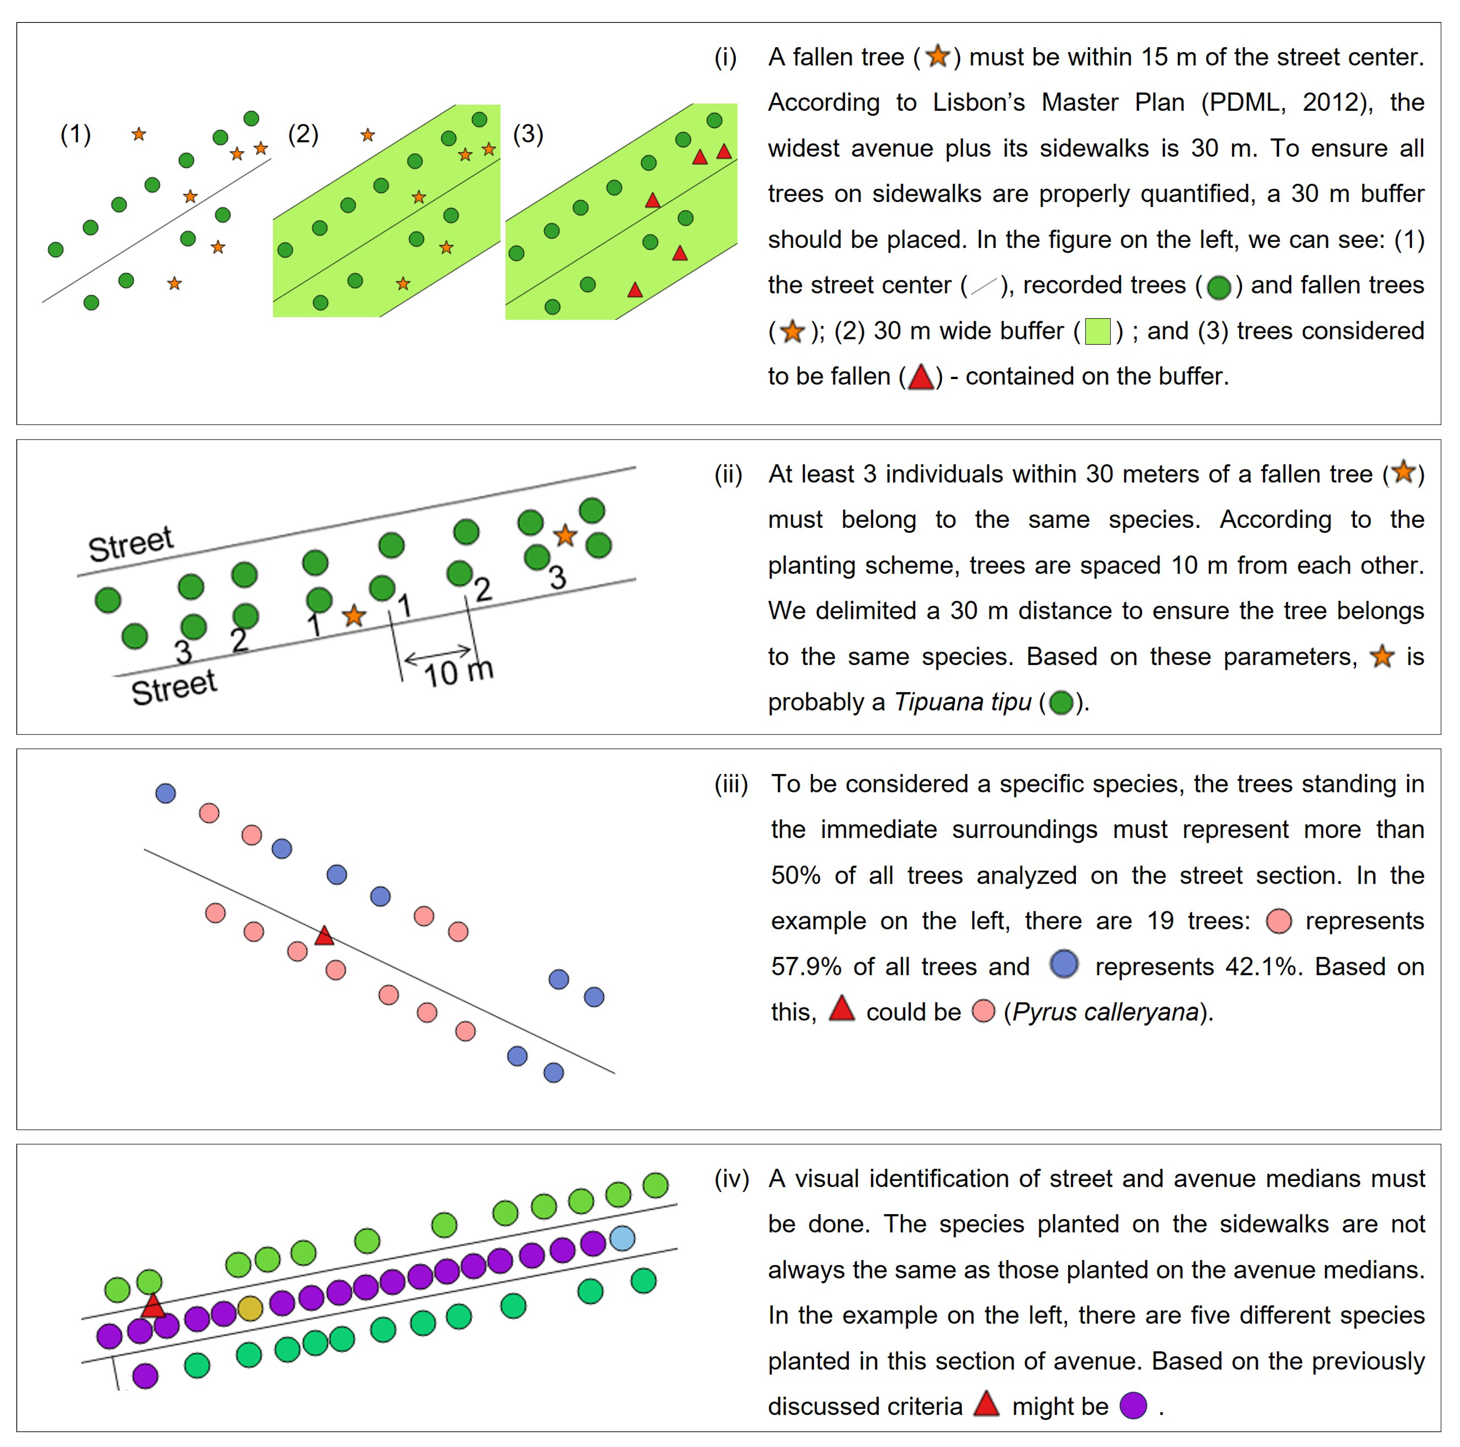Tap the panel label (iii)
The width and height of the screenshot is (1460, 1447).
point(731,784)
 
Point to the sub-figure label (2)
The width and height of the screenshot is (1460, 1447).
point(303,134)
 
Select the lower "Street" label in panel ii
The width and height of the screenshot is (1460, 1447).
point(174,688)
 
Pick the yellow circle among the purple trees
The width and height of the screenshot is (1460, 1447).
point(250,1308)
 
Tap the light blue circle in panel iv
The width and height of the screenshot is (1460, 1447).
point(622,1238)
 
